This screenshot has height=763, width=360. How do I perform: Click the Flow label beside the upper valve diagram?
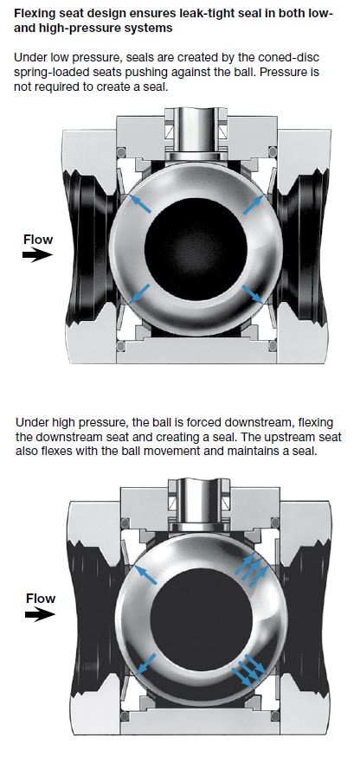pyautogui.click(x=38, y=240)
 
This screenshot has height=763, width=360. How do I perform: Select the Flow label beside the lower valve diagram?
pyautogui.click(x=41, y=599)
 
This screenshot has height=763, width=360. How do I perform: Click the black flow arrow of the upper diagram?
pyautogui.click(x=37, y=255)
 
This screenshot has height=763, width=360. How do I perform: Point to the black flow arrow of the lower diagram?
pyautogui.click(x=41, y=614)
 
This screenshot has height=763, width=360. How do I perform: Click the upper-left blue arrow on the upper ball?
pyautogui.click(x=139, y=203)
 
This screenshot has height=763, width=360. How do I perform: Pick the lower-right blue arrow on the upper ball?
pyautogui.click(x=253, y=294)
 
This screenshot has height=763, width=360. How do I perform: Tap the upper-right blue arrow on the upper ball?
pyautogui.click(x=254, y=204)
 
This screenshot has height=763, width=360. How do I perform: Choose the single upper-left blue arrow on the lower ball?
pyautogui.click(x=145, y=574)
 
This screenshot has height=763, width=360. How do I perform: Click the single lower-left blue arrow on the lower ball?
pyautogui.click(x=145, y=664)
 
